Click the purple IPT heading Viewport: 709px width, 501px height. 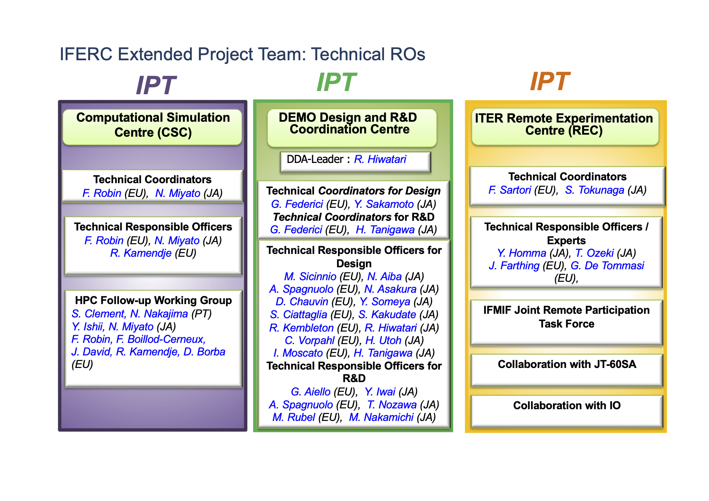coord(156,85)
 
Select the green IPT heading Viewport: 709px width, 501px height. coord(336,82)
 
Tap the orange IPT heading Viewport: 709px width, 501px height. coord(550,81)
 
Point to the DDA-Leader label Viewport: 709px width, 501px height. coord(315,159)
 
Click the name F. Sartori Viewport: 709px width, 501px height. coord(510,190)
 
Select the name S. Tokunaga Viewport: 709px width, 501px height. coord(595,190)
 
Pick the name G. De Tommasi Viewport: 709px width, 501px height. coord(607,266)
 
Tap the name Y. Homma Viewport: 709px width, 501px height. coord(522,253)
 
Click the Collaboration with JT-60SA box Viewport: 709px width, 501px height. coord(567,370)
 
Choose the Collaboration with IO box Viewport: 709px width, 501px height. coord(567,411)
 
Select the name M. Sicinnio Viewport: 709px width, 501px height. coord(310,277)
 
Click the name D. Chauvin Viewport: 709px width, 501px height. coord(302,302)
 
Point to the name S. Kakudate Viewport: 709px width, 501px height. coord(387,315)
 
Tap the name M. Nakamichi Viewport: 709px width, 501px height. coord(381,417)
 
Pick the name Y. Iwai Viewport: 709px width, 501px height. coord(380,392)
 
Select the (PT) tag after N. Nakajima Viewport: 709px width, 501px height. coord(201,314)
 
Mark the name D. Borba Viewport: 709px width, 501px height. coord(204,352)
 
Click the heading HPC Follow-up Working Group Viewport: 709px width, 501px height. coord(154,300)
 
